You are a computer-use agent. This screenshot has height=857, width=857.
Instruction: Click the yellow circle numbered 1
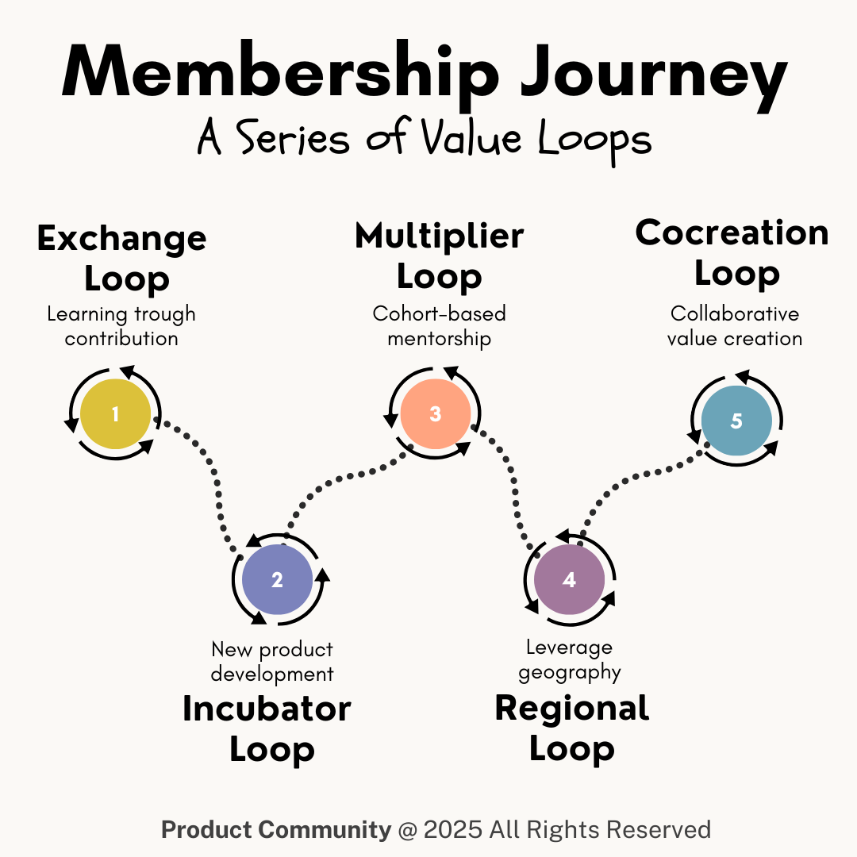click(x=116, y=414)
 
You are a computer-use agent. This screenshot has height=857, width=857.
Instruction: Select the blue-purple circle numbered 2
click(x=277, y=580)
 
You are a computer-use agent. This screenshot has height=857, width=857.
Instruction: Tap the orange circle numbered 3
click(x=435, y=413)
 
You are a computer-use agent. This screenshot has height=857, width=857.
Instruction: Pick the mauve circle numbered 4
click(x=569, y=580)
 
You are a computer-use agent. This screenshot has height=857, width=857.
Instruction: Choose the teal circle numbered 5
click(x=736, y=421)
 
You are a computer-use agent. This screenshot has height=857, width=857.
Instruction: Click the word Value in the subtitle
click(x=475, y=139)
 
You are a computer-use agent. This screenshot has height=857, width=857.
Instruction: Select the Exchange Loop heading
click(x=122, y=258)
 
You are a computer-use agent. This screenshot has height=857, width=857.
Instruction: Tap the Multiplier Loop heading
click(x=439, y=256)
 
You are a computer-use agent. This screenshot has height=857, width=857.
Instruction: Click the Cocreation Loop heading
click(x=732, y=252)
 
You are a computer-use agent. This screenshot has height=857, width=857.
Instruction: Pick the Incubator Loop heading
click(x=267, y=728)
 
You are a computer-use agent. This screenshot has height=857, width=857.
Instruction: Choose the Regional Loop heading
click(x=572, y=727)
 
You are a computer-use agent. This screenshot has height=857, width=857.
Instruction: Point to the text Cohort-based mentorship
click(x=439, y=326)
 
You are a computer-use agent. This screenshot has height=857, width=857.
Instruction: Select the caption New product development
click(x=272, y=662)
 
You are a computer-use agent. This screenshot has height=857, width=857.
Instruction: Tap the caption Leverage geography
click(x=569, y=660)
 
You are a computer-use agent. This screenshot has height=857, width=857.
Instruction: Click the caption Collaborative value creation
click(x=735, y=326)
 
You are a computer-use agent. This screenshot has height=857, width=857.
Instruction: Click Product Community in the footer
click(x=276, y=830)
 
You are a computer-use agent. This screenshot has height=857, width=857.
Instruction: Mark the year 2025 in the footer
click(x=452, y=830)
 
